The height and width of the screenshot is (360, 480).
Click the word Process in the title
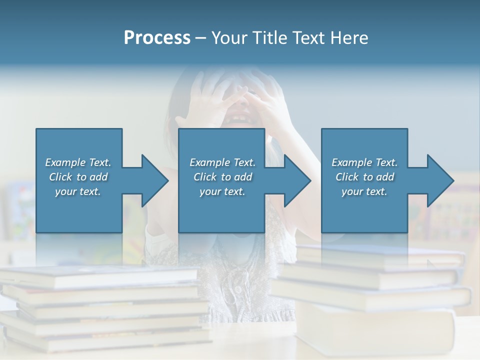click(x=157, y=38)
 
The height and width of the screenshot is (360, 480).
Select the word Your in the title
click(x=228, y=38)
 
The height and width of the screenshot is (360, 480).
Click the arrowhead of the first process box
click(x=155, y=180)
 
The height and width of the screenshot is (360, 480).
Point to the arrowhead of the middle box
click(x=297, y=180)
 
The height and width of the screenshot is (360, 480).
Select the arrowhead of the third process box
click(x=440, y=180)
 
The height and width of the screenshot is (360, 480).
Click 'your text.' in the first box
click(x=78, y=191)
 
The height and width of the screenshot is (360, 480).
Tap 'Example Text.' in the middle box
click(x=222, y=162)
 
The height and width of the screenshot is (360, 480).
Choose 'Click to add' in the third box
click(x=364, y=177)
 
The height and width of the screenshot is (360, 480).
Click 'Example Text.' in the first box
click(x=78, y=162)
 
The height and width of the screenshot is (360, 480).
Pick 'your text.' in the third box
click(x=364, y=191)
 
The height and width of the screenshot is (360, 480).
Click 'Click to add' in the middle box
click(x=222, y=177)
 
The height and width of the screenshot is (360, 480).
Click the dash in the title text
click(x=200, y=38)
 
